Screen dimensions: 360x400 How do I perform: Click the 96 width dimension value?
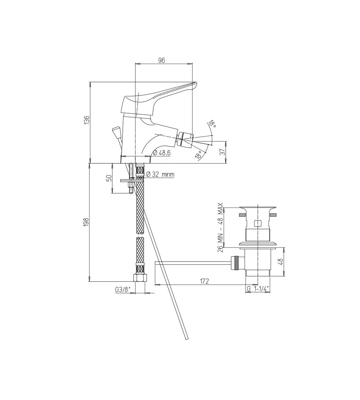click(162, 60)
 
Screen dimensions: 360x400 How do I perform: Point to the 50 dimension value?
click(108, 178)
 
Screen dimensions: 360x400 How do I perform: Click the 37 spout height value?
click(222, 152)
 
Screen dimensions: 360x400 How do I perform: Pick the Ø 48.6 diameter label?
click(161, 153)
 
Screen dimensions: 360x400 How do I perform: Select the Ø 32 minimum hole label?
click(161, 174)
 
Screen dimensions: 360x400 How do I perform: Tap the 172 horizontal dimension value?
click(204, 281)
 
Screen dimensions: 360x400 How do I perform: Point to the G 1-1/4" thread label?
click(258, 289)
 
